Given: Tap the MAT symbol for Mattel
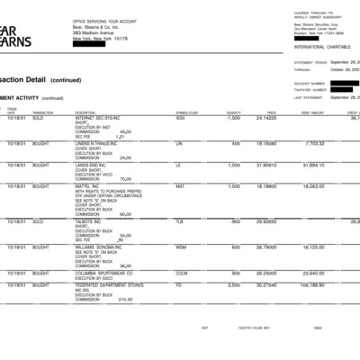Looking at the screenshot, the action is pos(179,186).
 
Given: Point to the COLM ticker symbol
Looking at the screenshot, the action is pos(182,273).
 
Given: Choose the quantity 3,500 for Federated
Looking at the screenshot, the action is pos(232,286).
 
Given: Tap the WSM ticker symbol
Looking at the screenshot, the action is pos(181,247).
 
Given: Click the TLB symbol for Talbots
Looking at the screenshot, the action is pos(179,220).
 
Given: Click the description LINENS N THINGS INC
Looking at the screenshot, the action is pos(97,143).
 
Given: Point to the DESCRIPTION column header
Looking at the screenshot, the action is pos(87,112).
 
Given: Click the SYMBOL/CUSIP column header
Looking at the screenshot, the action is pos(186,112).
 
